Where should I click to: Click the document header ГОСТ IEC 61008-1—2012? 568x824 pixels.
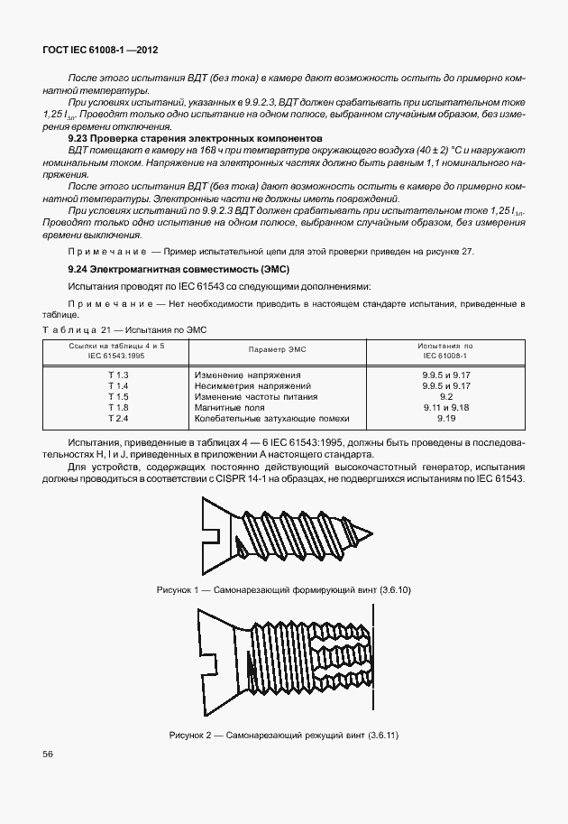pyautogui.click(x=95, y=53)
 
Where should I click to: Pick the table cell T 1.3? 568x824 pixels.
pyautogui.click(x=118, y=374)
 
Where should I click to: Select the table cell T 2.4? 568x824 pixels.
pyautogui.click(x=118, y=419)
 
